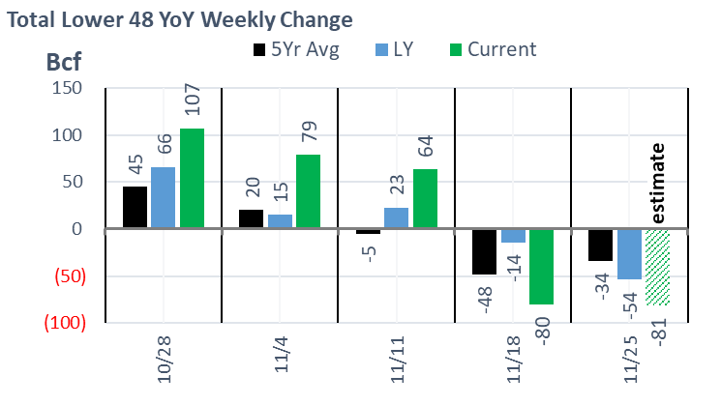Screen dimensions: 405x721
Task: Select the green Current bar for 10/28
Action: pyautogui.click(x=192, y=179)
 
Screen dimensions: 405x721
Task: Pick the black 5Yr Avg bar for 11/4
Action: pyautogui.click(x=251, y=219)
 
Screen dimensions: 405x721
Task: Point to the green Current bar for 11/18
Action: pyautogui.click(x=541, y=267)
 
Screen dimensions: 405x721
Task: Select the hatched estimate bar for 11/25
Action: pyautogui.click(x=658, y=267)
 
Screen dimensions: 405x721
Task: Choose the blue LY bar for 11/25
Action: pyautogui.click(x=629, y=254)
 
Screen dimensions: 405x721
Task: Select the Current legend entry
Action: pyautogui.click(x=490, y=48)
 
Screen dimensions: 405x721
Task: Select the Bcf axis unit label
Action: pyautogui.click(x=64, y=65)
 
